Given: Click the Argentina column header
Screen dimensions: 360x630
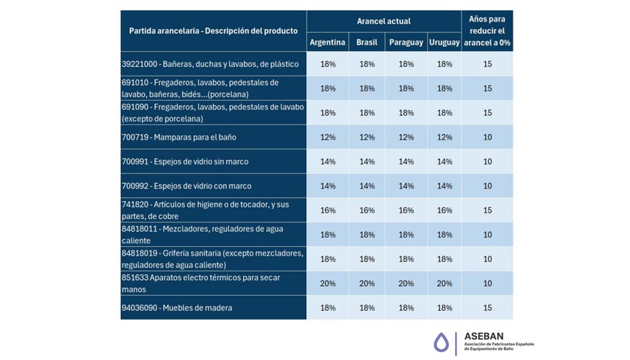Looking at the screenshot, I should [328, 42].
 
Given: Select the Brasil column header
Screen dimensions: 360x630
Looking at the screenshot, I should [366, 42].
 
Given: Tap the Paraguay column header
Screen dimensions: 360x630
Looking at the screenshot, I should [406, 42].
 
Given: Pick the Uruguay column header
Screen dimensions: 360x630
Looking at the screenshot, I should [444, 42].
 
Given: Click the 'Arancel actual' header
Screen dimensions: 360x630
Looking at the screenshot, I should [384, 22].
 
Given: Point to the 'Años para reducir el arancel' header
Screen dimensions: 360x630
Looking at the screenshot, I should [487, 31].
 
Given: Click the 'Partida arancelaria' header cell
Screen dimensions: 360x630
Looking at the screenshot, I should [213, 31].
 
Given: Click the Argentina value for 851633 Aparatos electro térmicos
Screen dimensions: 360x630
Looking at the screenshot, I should [328, 284].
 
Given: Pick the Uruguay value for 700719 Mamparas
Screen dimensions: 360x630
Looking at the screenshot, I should [444, 138].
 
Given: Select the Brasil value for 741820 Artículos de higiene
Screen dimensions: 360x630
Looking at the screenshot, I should [366, 210].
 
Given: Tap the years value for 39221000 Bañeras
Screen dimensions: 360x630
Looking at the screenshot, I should [487, 64].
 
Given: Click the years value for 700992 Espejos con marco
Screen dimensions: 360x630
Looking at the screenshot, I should [487, 186].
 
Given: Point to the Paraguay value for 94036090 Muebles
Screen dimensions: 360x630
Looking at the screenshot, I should [406, 308].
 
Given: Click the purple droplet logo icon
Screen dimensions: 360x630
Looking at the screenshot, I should [441, 343].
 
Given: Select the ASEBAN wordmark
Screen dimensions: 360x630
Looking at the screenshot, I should [484, 336].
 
